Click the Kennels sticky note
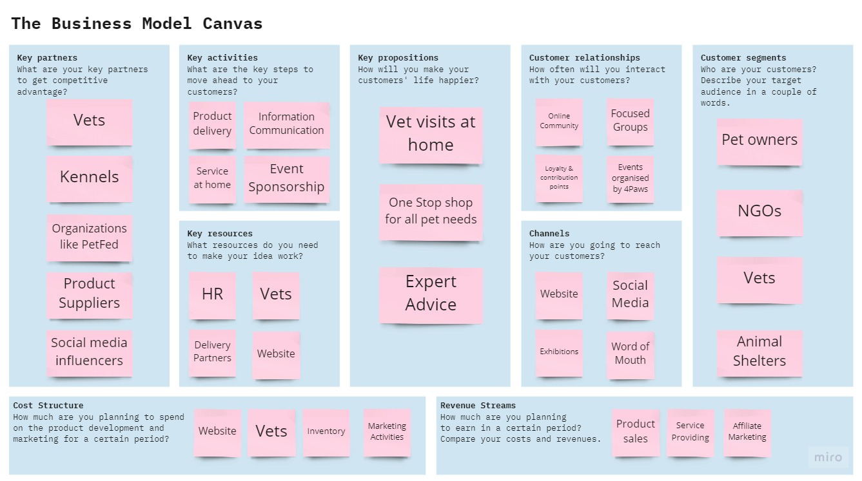click(x=89, y=178)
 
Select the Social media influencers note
click(x=89, y=352)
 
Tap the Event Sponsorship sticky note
click(x=286, y=178)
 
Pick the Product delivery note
click(x=212, y=124)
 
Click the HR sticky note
click(x=212, y=295)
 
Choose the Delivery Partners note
click(x=212, y=352)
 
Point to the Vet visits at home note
click(x=431, y=134)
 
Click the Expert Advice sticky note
click(x=431, y=294)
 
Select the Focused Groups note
click(x=630, y=121)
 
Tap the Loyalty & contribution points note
click(x=559, y=178)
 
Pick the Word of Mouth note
click(x=630, y=354)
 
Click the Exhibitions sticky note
click(x=559, y=352)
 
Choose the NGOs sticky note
click(x=759, y=212)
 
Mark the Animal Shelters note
click(x=759, y=352)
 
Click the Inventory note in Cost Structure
click(x=326, y=432)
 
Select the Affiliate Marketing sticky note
click(x=747, y=432)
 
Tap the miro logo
click(x=828, y=457)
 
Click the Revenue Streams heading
click(x=478, y=406)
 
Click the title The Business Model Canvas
click(x=137, y=24)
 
